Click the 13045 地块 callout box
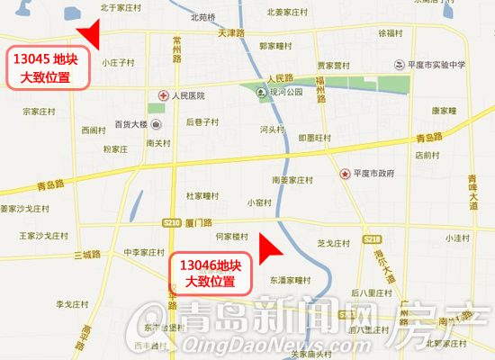tap(50, 67)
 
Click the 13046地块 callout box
tap(210, 274)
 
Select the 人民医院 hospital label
tap(188, 95)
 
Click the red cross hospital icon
tap(163, 95)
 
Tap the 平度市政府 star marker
tap(343, 173)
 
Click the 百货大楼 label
tap(130, 124)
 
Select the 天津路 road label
tap(231, 32)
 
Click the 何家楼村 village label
tap(232, 236)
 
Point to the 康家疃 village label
tap(445, 111)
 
